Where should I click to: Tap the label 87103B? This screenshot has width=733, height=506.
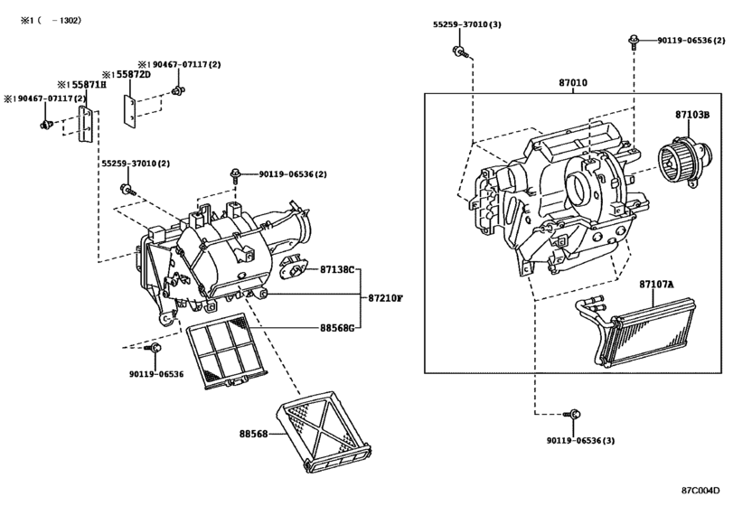click(692, 115)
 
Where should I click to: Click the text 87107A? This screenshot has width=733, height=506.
click(657, 285)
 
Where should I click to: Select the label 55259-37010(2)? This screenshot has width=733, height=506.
click(135, 164)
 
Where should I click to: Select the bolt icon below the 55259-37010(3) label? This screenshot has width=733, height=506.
click(459, 52)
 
